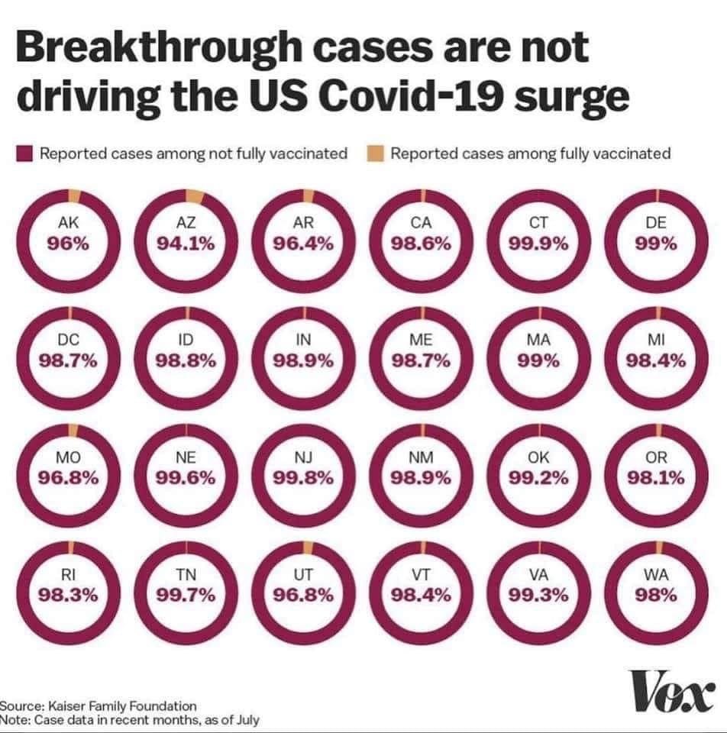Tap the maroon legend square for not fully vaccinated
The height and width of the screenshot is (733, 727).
[24, 154]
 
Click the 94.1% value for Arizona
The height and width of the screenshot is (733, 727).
[186, 244]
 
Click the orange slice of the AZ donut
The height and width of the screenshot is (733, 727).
[195, 197]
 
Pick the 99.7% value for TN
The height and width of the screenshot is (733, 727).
[186, 596]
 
